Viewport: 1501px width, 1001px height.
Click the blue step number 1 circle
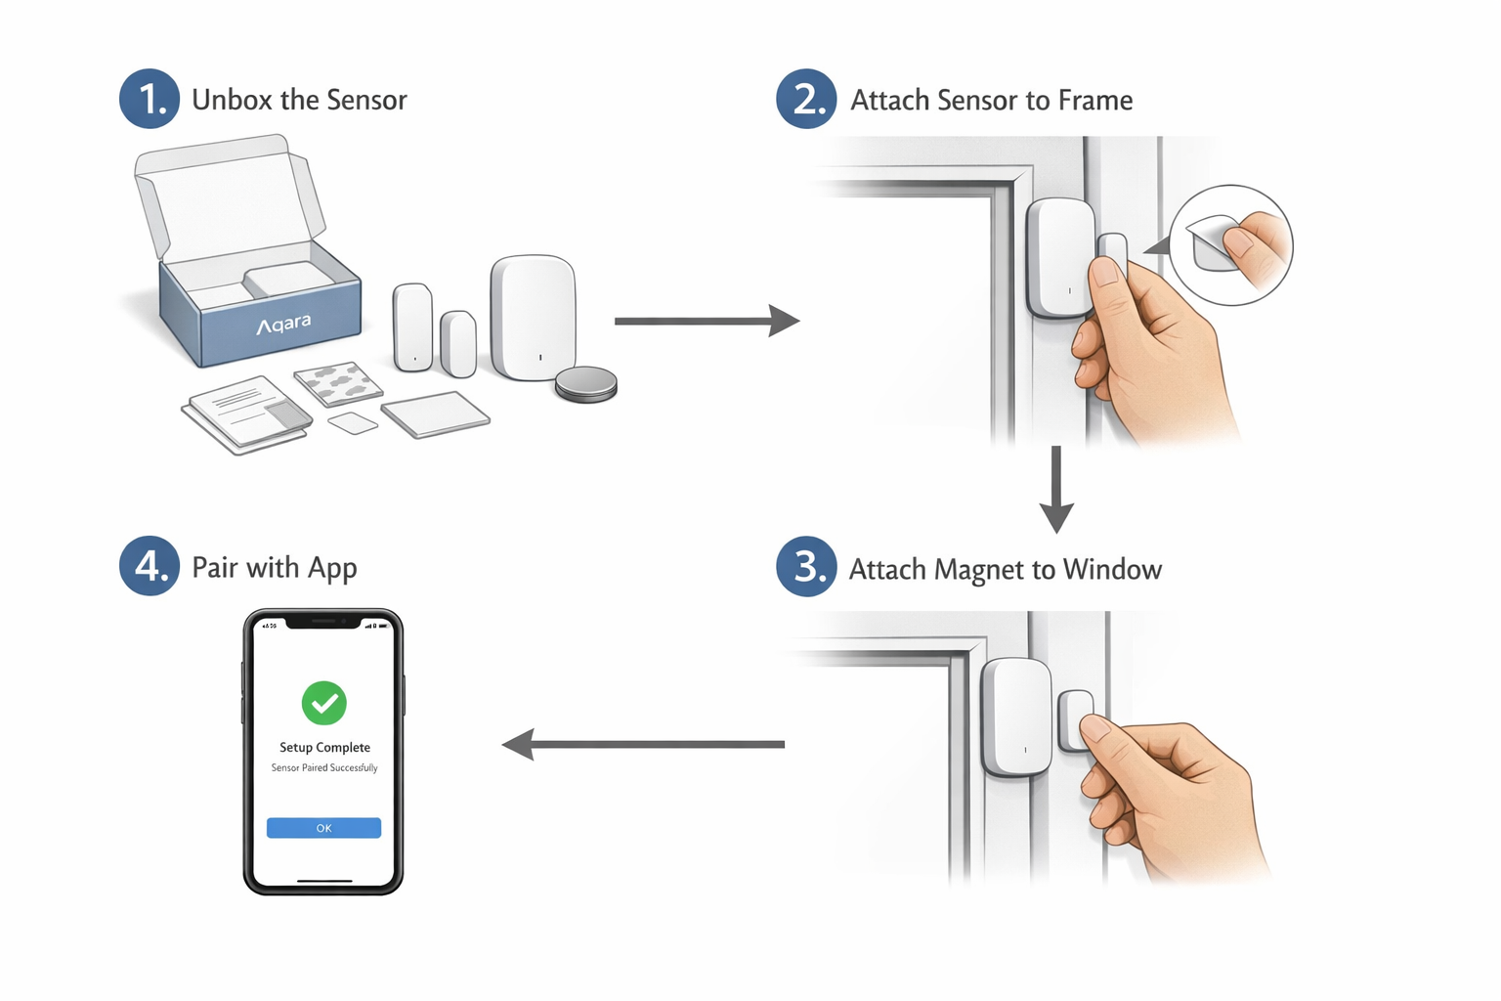[x=150, y=99]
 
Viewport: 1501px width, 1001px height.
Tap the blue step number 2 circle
[x=806, y=99]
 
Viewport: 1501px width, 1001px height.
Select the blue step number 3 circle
[x=806, y=566]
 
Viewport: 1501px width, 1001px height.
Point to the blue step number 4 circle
[x=150, y=566]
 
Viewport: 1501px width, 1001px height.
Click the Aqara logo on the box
[x=283, y=324]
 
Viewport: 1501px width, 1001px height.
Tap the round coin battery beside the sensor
[x=586, y=383]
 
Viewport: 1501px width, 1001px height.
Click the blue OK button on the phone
[x=323, y=828]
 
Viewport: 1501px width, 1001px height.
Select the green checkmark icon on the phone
[x=323, y=703]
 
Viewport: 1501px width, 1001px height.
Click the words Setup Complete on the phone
[x=324, y=748]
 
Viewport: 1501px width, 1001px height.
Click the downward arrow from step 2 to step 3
[x=1056, y=489]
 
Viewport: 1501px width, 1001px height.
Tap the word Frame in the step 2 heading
[x=1094, y=100]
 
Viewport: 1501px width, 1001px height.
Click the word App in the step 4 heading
[x=332, y=569]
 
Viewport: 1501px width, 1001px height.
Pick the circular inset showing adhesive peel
[x=1230, y=245]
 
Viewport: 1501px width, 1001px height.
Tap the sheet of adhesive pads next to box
[x=338, y=383]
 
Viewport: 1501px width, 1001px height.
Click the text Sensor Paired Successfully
[x=324, y=768]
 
